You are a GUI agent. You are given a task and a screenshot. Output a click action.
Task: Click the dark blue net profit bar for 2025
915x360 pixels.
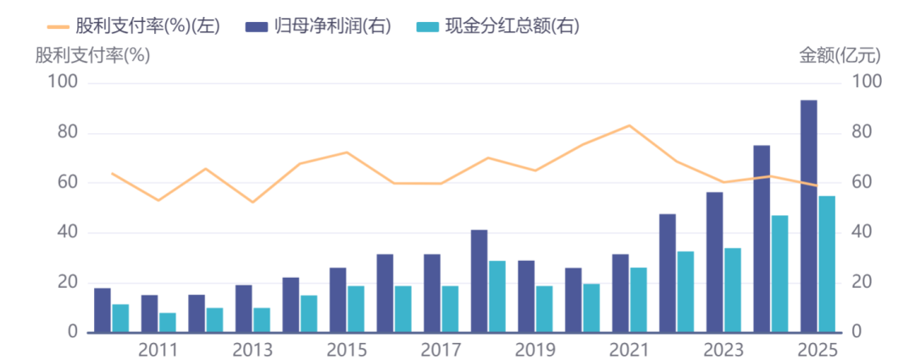808,216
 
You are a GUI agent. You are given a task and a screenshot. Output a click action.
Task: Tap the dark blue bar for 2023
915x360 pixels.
714,263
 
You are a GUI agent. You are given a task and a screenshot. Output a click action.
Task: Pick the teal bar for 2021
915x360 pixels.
638,300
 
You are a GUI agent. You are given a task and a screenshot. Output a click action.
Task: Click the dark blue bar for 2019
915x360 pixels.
526,296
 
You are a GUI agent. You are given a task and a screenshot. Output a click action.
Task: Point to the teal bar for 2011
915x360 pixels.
168,323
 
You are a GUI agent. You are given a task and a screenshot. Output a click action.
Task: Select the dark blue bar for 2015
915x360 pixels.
337,300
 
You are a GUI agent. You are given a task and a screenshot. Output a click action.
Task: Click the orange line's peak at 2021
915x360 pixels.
629,125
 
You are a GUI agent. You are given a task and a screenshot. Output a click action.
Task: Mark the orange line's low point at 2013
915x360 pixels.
252,202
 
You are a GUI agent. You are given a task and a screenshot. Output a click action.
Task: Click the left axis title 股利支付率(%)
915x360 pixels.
92,56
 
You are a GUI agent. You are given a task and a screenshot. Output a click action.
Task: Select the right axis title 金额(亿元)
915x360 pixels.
840,56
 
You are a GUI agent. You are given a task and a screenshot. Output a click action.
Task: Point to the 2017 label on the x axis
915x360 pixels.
441,349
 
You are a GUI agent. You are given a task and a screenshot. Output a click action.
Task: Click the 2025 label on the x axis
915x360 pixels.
817,349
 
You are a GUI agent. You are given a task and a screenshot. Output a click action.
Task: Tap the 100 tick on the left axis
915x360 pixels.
64,83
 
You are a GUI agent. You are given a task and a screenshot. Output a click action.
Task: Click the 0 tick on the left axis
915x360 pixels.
74,333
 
